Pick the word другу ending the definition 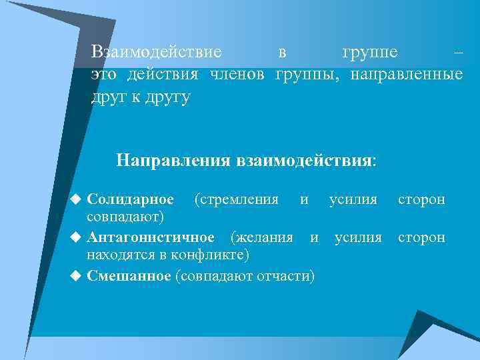click(171, 97)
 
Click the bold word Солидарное click(131, 199)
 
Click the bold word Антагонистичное click(151, 237)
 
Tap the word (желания click(261, 237)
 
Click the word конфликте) click(212, 255)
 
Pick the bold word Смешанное click(129, 275)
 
